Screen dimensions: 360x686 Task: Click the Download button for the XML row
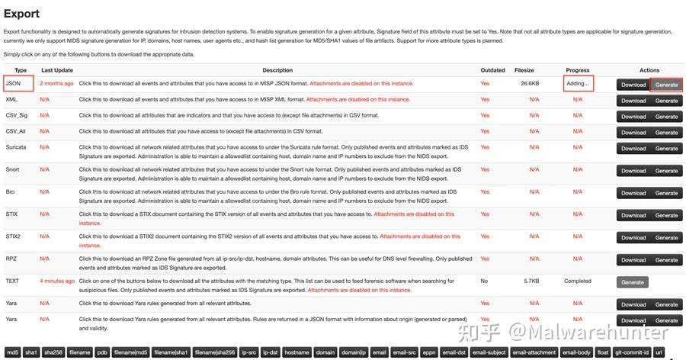(x=633, y=100)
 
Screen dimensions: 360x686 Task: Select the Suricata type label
(x=16, y=147)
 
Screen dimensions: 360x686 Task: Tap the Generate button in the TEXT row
(x=633, y=282)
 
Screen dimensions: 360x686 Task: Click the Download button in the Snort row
(x=633, y=171)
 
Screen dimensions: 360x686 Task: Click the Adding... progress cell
(x=578, y=83)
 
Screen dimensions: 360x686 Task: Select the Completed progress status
(x=578, y=281)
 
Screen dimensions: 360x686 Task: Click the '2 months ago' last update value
(x=56, y=83)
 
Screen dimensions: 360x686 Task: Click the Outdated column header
(x=492, y=70)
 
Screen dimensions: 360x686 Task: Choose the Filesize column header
(x=524, y=70)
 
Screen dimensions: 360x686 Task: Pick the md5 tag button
(x=13, y=352)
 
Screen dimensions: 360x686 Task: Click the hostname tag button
(x=297, y=352)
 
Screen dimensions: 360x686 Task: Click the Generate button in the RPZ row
(x=666, y=260)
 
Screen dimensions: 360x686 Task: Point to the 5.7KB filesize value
(x=531, y=281)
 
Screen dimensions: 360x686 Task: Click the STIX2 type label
(x=13, y=236)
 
